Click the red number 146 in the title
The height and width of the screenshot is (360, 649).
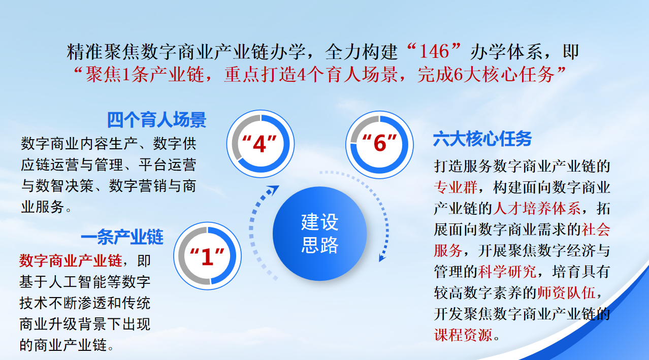(x=434, y=52)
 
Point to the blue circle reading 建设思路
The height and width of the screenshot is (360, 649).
(x=319, y=234)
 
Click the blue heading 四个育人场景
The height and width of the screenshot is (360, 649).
(x=156, y=120)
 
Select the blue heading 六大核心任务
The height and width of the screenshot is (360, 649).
(x=482, y=139)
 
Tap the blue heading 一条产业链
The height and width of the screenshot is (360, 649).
(x=122, y=237)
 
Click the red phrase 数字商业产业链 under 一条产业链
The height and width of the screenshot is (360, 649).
(x=71, y=260)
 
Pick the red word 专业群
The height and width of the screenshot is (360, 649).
(x=456, y=187)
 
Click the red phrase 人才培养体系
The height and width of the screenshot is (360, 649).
(x=537, y=208)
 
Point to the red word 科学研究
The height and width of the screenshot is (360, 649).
(x=507, y=272)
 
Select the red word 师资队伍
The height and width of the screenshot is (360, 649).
(x=566, y=293)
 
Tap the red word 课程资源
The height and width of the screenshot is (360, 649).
(x=463, y=335)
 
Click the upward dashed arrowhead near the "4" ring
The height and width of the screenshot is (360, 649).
(x=273, y=190)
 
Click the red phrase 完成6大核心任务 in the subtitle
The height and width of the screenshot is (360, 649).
(x=486, y=75)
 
